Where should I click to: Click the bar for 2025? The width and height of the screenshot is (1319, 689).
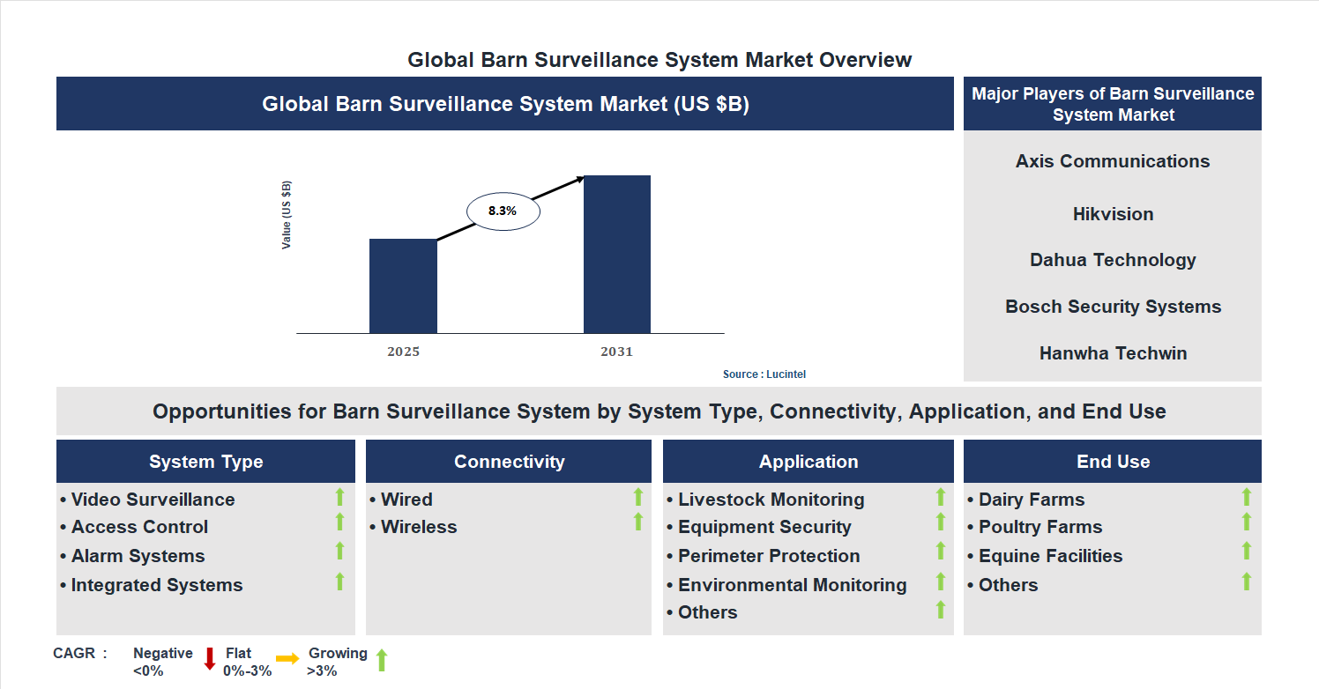point(403,286)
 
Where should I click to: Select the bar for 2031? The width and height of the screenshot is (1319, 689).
point(617,255)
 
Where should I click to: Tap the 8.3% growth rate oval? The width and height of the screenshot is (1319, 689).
point(503,211)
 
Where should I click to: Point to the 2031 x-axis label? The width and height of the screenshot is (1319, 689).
point(617,352)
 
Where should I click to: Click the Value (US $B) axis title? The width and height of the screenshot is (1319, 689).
point(287,215)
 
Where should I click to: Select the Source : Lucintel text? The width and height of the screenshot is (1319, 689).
point(764,374)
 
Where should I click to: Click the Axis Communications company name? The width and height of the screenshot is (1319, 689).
point(1113,161)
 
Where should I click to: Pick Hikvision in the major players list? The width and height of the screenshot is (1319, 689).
point(1113,214)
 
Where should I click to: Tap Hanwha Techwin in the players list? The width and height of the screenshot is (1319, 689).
point(1113,353)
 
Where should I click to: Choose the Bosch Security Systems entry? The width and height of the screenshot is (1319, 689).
point(1113,307)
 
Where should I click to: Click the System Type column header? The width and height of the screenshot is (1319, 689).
point(205,462)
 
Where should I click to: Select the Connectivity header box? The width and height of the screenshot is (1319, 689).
point(509,462)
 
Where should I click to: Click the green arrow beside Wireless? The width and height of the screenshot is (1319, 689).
point(638,522)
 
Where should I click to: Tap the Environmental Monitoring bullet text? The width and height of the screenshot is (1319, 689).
point(792,585)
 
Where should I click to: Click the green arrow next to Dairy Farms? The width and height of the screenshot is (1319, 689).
point(1247,498)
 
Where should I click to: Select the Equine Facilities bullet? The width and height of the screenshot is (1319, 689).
point(1050,556)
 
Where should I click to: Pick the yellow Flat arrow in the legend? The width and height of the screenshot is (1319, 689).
point(287,659)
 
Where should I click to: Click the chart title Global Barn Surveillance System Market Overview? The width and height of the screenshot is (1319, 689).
point(659,60)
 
